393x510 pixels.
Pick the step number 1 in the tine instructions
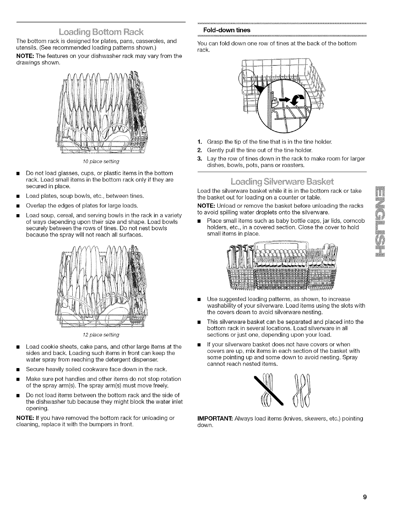point(200,142)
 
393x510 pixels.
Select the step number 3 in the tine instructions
point(200,158)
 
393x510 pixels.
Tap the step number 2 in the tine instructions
point(200,150)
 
